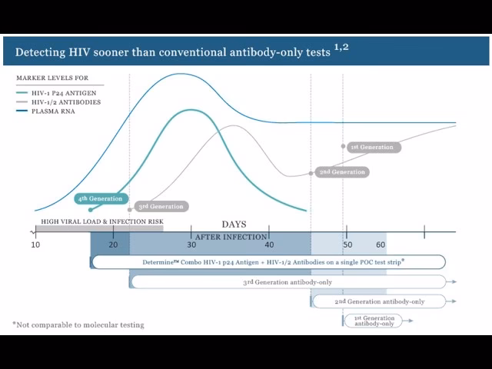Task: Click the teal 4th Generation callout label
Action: click(x=100, y=199)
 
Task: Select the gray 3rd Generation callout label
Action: click(x=160, y=206)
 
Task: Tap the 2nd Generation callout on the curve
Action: click(x=341, y=172)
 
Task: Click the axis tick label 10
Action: click(x=35, y=244)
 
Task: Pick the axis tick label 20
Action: click(x=113, y=244)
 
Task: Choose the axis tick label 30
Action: click(x=192, y=244)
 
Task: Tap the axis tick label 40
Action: click(x=269, y=244)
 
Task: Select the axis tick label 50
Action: click(x=347, y=244)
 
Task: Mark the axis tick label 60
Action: click(x=381, y=244)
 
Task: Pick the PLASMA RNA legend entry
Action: click(x=54, y=111)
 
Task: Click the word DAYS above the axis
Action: click(x=234, y=224)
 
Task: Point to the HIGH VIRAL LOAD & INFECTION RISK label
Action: click(x=102, y=222)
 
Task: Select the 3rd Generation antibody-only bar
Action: click(x=288, y=282)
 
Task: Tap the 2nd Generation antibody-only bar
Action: click(x=379, y=301)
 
